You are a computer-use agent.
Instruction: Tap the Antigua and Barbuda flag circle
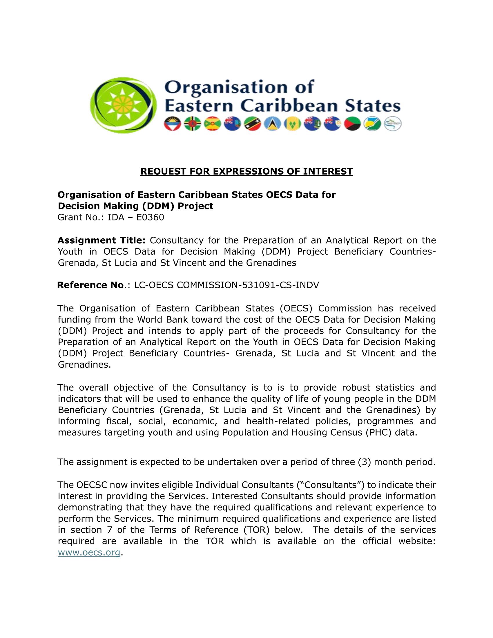[x=172, y=124]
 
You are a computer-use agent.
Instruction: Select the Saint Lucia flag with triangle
[x=272, y=124]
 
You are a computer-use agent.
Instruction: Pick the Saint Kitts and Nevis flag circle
[x=252, y=124]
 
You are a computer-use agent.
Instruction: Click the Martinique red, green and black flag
[x=352, y=124]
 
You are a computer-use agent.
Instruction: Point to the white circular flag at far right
[x=393, y=124]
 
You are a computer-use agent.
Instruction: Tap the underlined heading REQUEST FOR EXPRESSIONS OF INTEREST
[x=246, y=171]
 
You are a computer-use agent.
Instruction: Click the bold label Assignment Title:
[x=101, y=240]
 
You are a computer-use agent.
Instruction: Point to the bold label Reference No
[x=90, y=285]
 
